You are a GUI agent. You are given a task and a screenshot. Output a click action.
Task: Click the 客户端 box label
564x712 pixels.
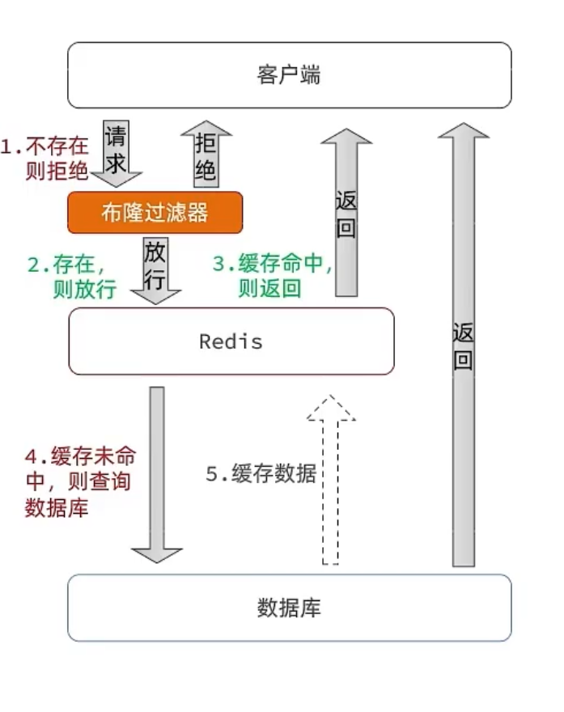289,75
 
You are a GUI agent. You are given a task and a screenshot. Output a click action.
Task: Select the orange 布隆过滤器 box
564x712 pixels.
155,212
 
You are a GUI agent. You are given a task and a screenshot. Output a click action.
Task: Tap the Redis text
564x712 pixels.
231,341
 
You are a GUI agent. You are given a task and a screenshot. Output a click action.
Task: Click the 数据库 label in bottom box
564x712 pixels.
289,608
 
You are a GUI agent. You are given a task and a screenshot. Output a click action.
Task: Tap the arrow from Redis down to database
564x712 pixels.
157,473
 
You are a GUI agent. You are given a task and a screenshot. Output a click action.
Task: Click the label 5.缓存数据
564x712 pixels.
260,474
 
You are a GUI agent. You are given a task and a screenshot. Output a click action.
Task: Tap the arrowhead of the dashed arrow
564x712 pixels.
330,409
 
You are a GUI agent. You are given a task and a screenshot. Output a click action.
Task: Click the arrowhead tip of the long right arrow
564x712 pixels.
464,127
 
